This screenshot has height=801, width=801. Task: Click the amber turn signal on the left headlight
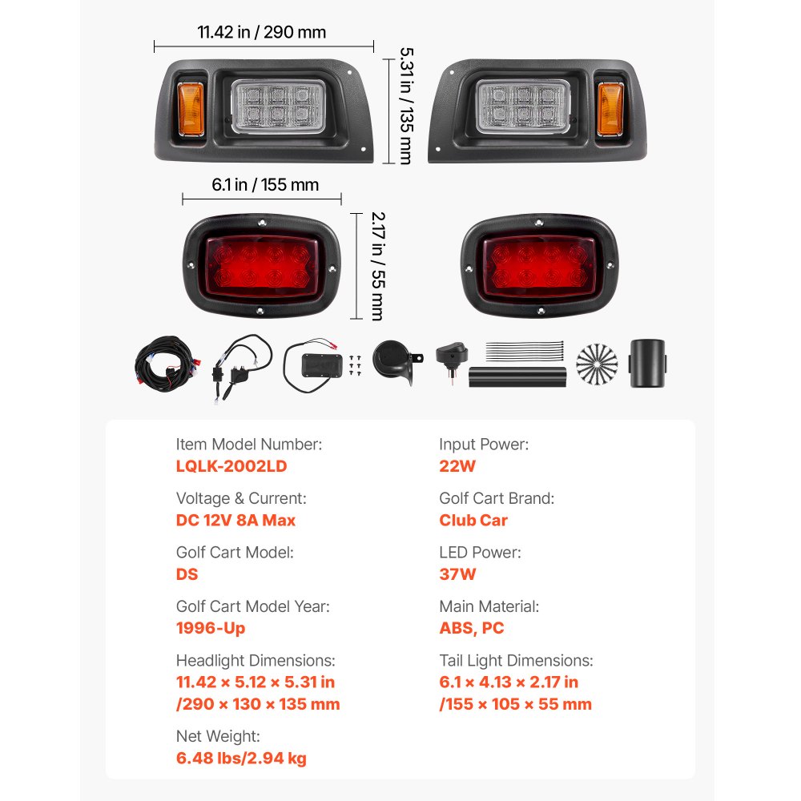[191, 109]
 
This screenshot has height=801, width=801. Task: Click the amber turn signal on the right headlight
[610, 109]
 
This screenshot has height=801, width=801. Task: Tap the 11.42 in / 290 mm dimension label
[262, 33]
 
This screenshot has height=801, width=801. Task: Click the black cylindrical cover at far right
[649, 364]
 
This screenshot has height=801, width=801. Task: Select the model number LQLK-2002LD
[231, 466]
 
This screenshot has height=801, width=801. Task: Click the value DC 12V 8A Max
[235, 520]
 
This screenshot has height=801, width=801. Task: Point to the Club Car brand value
[473, 520]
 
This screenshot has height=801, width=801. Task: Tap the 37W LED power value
[457, 574]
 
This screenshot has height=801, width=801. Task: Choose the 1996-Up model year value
[211, 628]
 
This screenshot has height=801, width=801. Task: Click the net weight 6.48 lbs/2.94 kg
[241, 758]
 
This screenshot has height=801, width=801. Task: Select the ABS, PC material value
[472, 628]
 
